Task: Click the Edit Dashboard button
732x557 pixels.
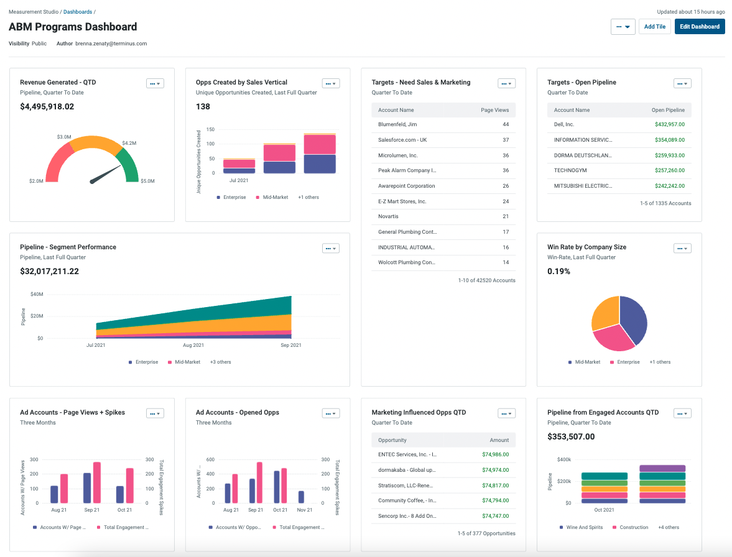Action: tap(699, 27)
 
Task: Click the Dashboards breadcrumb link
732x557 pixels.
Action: tap(77, 12)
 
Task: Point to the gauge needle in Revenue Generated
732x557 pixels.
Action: tap(106, 174)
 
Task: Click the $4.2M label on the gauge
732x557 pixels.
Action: tap(129, 143)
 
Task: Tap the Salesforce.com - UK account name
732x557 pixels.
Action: tap(402, 140)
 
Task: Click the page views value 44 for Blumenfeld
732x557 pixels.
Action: tap(505, 124)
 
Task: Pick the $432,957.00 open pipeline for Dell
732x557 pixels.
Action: tap(669, 124)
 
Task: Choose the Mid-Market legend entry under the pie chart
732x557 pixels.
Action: tap(584, 362)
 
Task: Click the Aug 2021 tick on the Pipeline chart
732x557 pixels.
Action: tap(193, 345)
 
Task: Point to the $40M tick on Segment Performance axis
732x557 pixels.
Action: tap(36, 294)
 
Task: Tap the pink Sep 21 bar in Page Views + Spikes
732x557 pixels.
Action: tap(96, 482)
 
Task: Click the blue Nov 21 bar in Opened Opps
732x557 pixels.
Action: tap(301, 497)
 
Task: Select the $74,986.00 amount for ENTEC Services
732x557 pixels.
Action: tap(495, 454)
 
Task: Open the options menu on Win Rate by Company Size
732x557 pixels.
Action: tap(682, 249)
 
